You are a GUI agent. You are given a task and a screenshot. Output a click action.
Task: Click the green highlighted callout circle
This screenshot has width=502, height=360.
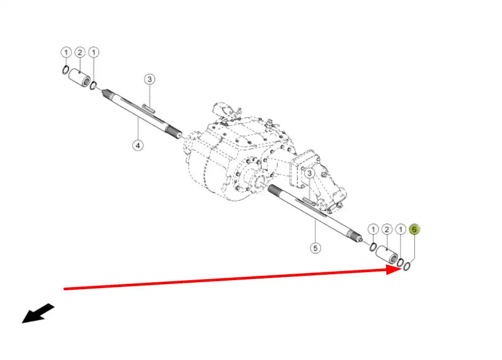(414, 230)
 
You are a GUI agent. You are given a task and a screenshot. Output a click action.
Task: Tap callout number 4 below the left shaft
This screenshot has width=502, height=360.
(138, 145)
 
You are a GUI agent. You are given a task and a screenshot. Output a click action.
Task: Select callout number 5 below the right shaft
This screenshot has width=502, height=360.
(315, 248)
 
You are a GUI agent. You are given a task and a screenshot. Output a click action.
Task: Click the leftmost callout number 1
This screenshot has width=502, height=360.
(66, 52)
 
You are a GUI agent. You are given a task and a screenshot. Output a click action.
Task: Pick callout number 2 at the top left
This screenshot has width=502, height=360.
(80, 52)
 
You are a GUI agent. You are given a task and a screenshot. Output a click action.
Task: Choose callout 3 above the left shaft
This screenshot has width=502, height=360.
(150, 79)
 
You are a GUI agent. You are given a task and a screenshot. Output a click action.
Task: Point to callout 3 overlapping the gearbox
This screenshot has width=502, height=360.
(309, 174)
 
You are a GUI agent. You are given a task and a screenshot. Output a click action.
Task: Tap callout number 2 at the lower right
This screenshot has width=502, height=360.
(387, 230)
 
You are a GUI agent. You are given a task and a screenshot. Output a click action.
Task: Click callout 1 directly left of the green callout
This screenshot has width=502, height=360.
(401, 230)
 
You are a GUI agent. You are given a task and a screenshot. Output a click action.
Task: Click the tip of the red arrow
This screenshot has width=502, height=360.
(402, 269)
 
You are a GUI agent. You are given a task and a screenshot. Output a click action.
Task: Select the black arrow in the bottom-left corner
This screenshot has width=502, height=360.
(38, 313)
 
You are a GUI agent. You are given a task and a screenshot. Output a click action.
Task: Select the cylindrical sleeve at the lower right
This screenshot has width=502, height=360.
(386, 255)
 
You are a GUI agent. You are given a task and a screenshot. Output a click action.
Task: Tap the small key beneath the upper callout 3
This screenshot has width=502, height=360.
(149, 109)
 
